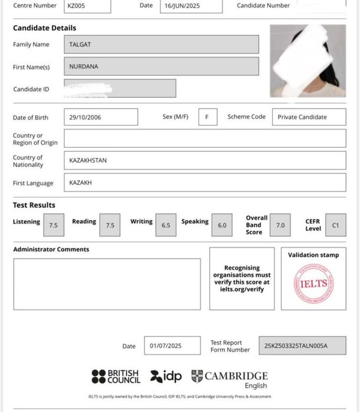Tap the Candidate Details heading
(x=44, y=28)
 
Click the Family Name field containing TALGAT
(x=161, y=45)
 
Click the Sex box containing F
(x=207, y=117)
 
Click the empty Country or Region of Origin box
(x=204, y=138)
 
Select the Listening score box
(x=53, y=225)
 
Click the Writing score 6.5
(x=166, y=225)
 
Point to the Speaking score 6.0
(x=222, y=225)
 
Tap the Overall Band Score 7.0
(x=280, y=225)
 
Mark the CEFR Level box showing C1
(x=335, y=225)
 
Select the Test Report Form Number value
(x=302, y=345)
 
